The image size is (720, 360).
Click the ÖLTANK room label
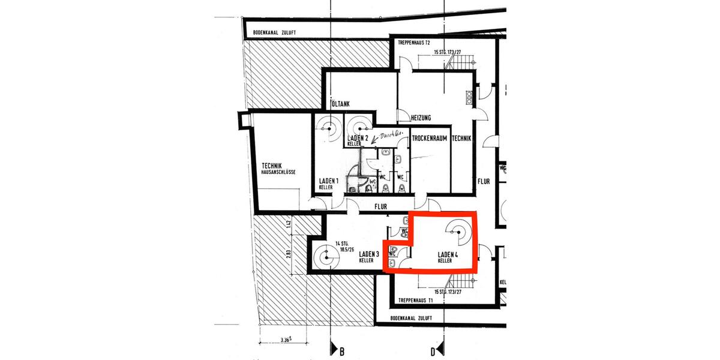tap(341, 104)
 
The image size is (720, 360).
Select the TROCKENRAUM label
tap(431, 139)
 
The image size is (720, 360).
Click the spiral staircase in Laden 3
tap(326, 259)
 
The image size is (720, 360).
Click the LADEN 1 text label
tap(328, 181)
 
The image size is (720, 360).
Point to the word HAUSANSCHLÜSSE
tap(279, 172)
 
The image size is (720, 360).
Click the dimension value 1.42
tap(289, 225)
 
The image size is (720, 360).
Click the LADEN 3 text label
tap(368, 254)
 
